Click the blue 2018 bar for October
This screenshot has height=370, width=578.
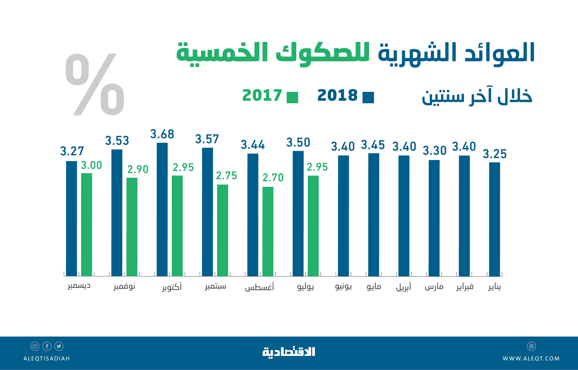coord(162,209)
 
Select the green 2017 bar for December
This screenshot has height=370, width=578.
coord(87,224)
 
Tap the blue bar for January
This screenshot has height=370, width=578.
coord(494,219)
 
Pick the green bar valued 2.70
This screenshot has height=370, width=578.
coord(268,231)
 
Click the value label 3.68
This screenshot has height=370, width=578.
coord(162,134)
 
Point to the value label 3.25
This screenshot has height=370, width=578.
coord(495,154)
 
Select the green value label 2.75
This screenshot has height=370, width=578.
coord(226,176)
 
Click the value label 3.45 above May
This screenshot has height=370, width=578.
coord(373,145)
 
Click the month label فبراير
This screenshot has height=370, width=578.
coord(465,287)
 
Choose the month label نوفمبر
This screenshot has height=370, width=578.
coord(124,286)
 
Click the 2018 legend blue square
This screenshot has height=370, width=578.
coord(368,98)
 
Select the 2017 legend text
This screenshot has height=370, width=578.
coord(262,95)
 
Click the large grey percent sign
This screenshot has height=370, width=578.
coord(95,85)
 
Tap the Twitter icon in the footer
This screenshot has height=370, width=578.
coord(59,346)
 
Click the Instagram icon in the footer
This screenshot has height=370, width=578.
coord(35,346)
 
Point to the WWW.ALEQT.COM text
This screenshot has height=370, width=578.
coord(531,359)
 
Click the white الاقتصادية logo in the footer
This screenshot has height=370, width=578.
coord(289,352)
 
